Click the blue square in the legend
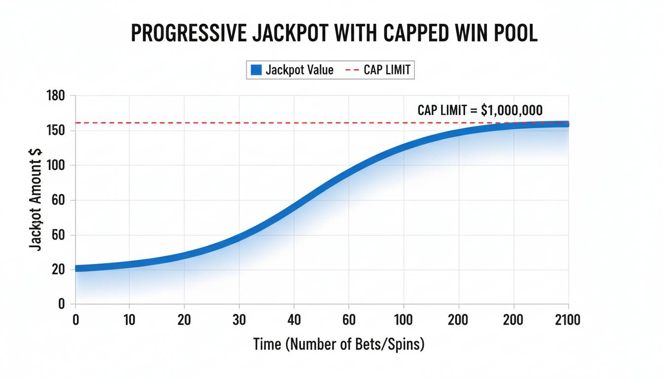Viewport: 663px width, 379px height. tap(256, 70)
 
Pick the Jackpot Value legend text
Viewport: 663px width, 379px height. tap(299, 70)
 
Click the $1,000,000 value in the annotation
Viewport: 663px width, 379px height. tap(512, 110)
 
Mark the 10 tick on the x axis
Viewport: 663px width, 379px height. tap(129, 320)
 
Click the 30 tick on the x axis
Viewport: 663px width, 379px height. tap(239, 320)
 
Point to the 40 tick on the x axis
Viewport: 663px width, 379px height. tap(294, 320)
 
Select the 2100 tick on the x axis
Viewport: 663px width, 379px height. tap(567, 320)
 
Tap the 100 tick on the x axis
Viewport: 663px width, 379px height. tap(404, 320)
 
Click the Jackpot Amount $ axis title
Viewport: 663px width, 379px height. tap(36, 198)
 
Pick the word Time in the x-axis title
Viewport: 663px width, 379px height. tap(267, 344)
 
